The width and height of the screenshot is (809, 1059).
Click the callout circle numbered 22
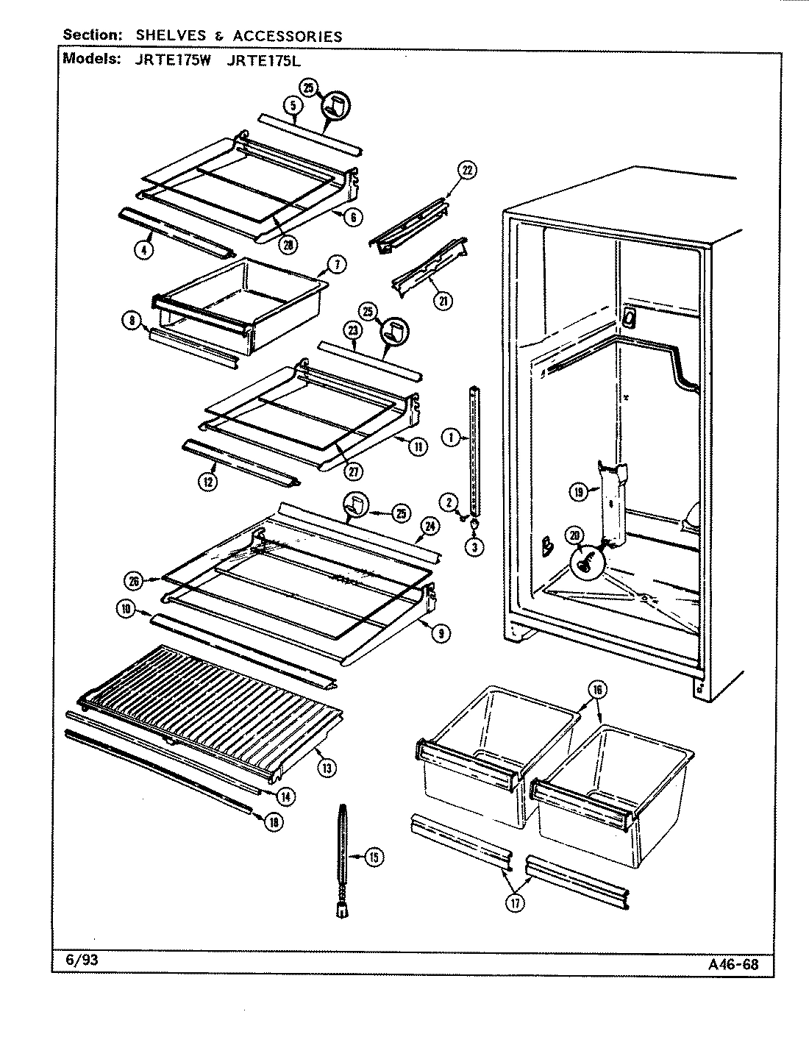pos(466,171)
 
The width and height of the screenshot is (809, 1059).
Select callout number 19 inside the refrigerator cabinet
pos(580,492)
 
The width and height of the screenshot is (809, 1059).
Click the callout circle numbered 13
pos(327,768)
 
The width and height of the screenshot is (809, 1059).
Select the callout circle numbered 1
pos(449,438)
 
